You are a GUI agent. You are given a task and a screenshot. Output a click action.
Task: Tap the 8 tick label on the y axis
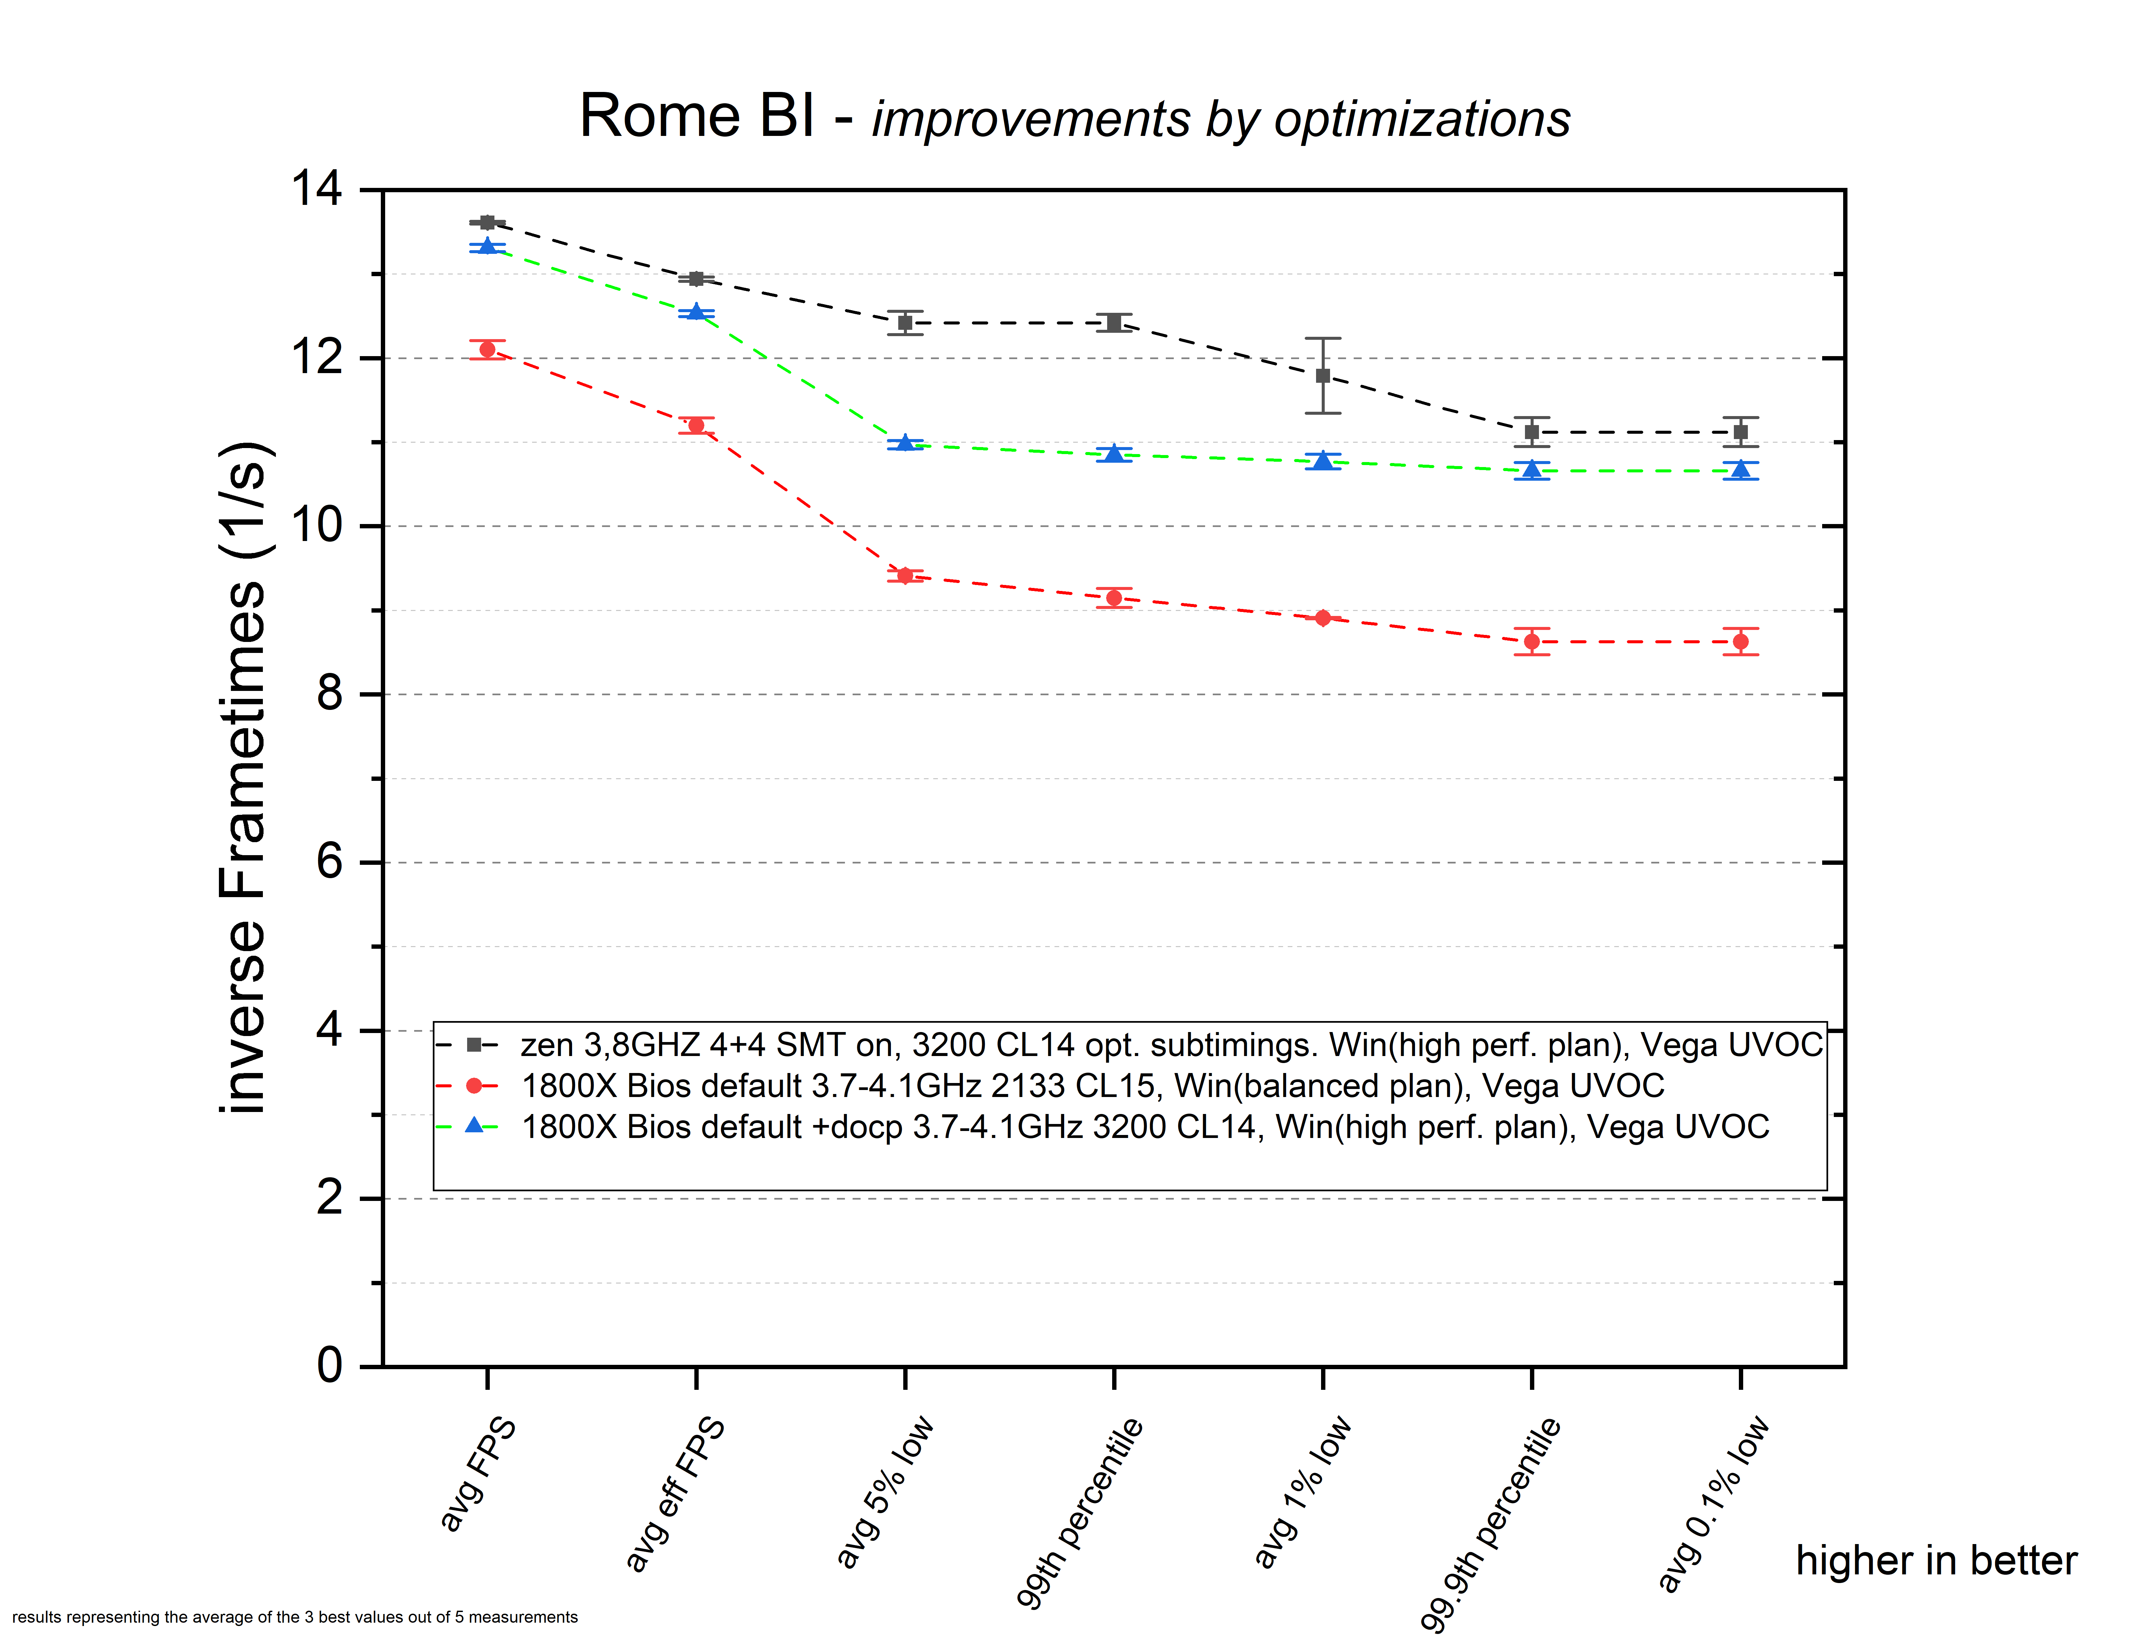tap(330, 694)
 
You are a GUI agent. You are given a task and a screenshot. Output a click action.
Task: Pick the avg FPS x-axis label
tap(477, 1474)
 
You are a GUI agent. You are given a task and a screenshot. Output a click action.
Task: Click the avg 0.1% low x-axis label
tap(1714, 1503)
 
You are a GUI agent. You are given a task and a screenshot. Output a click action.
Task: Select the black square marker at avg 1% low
tap(1323, 376)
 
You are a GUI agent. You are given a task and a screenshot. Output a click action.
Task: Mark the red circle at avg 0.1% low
tap(1741, 641)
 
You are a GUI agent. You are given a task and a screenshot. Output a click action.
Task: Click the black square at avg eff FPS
tap(696, 279)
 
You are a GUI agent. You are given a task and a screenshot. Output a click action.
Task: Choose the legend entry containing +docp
tap(1144, 1128)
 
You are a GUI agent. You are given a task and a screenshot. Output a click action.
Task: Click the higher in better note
tap(1936, 1561)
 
